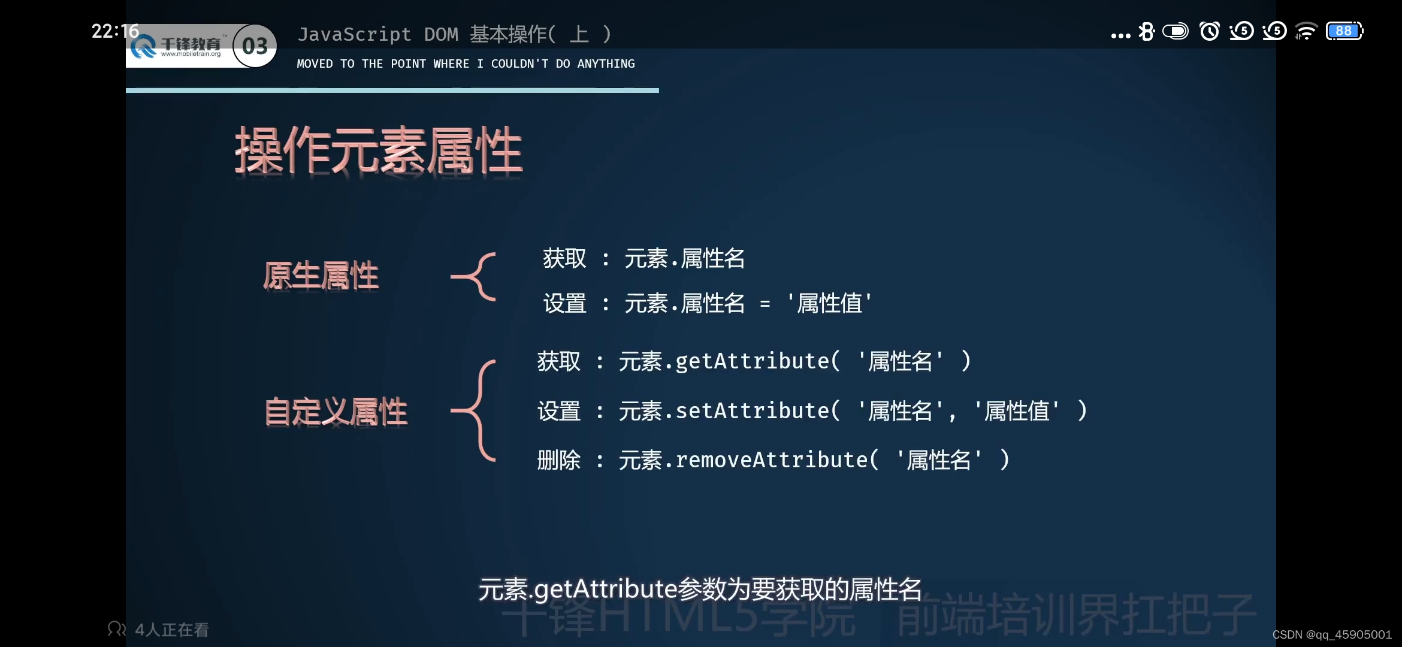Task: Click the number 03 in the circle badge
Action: [255, 46]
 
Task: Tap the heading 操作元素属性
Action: [379, 150]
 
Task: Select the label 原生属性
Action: [321, 276]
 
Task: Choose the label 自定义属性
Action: [336, 412]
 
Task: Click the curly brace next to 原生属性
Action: [475, 276]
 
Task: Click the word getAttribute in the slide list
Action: [753, 361]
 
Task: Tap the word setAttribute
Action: [753, 411]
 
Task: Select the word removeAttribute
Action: [772, 460]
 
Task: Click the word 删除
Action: [559, 460]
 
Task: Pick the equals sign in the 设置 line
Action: [765, 304]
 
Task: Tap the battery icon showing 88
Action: [1344, 31]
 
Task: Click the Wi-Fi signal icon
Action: [1306, 31]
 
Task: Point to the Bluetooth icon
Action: [1146, 31]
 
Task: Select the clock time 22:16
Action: [115, 31]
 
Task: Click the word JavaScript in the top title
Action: [355, 34]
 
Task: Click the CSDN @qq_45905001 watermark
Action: [1331, 634]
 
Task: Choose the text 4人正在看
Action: [172, 630]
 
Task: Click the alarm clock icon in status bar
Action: [1209, 31]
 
